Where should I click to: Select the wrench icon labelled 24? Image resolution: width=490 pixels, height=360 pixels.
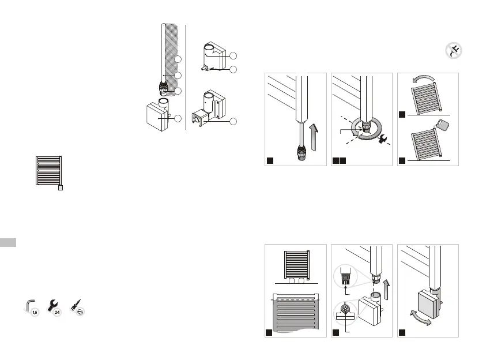tap(54, 307)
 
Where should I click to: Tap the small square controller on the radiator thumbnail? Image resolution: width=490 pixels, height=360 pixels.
tap(61, 187)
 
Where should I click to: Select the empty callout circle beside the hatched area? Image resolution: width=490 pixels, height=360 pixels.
tap(178, 59)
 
